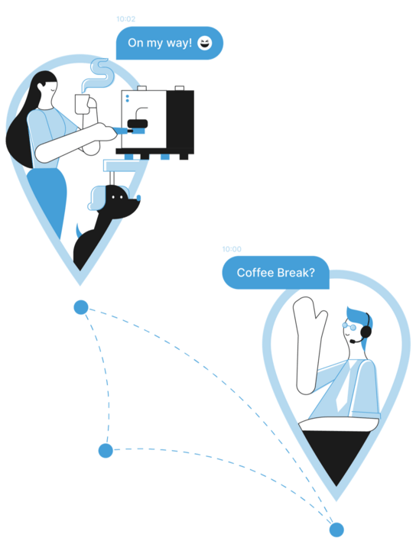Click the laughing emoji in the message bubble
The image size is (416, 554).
[205, 43]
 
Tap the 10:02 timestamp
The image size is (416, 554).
[126, 19]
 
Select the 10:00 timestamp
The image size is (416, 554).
[232, 249]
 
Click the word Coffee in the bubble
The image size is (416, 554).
[255, 273]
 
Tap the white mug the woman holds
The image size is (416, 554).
[83, 104]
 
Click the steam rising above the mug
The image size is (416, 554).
[99, 75]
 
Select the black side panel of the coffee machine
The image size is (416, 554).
[180, 119]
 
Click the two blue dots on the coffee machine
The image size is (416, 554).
[127, 99]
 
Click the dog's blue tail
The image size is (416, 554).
[80, 231]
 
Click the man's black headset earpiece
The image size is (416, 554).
[366, 332]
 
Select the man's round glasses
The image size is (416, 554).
[349, 326]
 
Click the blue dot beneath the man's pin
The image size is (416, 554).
[336, 530]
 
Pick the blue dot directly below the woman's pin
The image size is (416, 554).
[81, 307]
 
